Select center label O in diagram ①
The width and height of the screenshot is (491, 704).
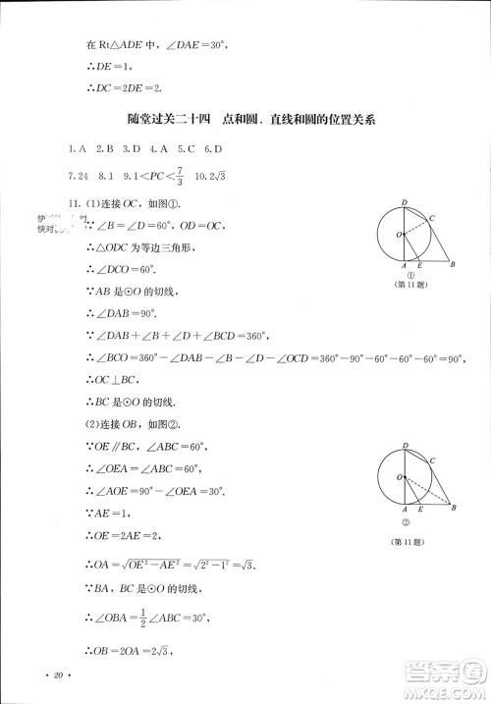coord(397,235)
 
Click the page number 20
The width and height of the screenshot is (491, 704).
coord(58,676)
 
